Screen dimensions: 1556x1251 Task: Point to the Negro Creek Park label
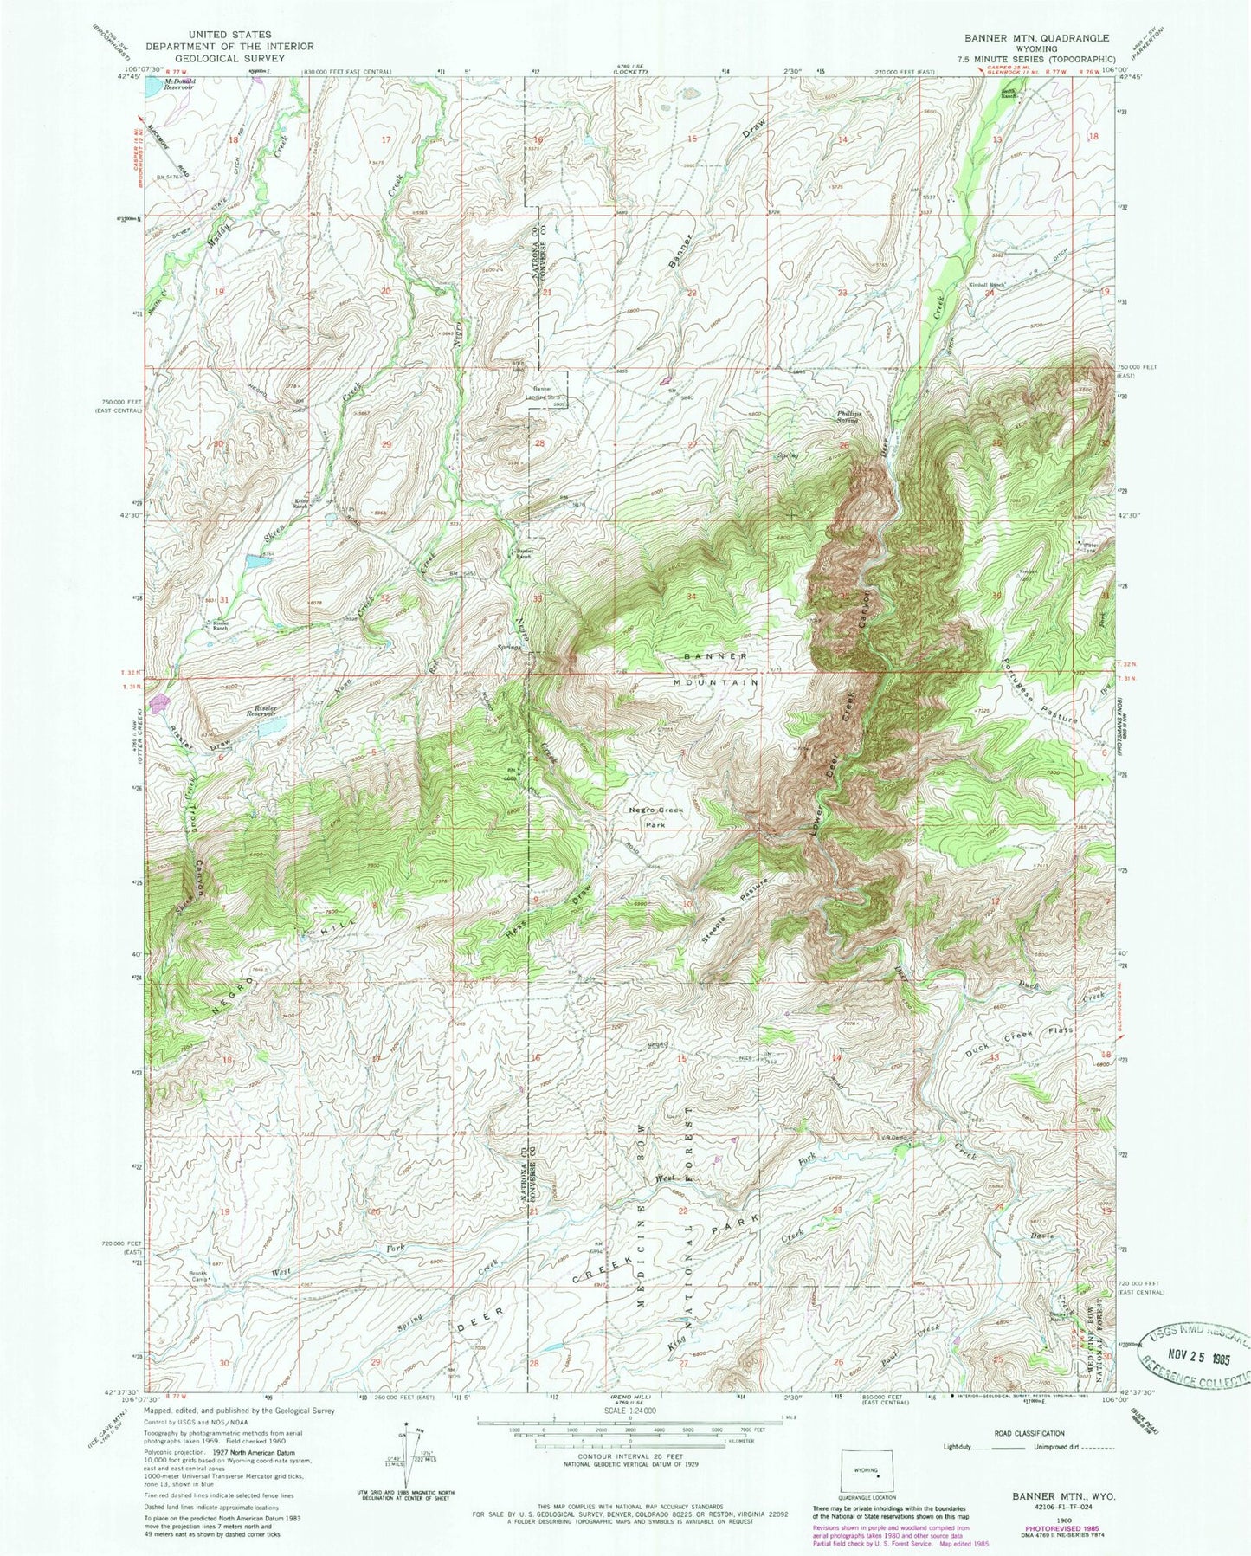click(x=655, y=817)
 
